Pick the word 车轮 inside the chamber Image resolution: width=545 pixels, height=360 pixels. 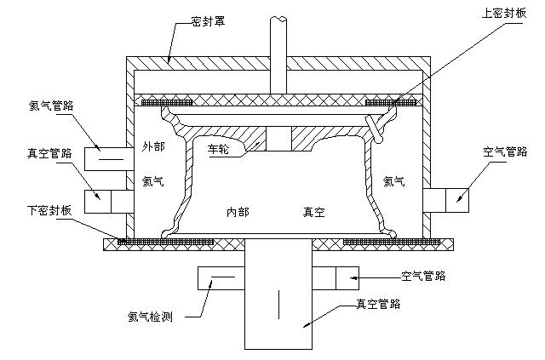[x=220, y=148]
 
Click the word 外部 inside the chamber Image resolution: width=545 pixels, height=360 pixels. [x=153, y=146]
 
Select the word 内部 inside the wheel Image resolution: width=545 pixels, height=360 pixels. [x=238, y=211]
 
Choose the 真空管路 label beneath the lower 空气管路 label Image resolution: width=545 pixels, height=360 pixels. [x=379, y=304]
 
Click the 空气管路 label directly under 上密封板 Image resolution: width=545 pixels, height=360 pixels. [x=505, y=153]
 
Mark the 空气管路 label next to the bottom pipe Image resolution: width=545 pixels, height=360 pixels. [x=424, y=277]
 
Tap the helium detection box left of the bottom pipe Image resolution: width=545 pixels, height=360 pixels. [x=221, y=277]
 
